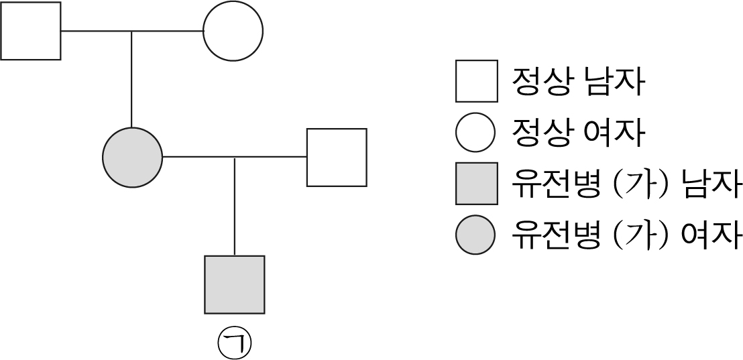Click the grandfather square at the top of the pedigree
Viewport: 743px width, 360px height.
[x=31, y=31]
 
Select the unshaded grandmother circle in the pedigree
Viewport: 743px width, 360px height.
[x=233, y=31]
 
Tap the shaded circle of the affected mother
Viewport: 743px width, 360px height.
[x=132, y=158]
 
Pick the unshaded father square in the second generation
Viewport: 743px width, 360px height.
[x=337, y=158]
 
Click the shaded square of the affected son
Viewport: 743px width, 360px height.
[x=235, y=285]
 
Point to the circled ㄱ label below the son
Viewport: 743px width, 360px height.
[x=234, y=343]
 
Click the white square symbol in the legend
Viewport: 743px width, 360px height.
[x=477, y=81]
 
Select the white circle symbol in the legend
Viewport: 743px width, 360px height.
[x=475, y=132]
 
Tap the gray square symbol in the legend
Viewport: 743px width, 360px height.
[x=477, y=183]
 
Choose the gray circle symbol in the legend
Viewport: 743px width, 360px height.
[x=475, y=235]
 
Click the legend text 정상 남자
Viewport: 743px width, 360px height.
[x=577, y=82]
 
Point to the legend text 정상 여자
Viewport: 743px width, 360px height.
[x=577, y=133]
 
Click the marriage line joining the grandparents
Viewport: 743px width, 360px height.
[x=132, y=32]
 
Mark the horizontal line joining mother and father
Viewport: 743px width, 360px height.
[x=235, y=157]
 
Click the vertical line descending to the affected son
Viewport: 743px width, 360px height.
[x=235, y=206]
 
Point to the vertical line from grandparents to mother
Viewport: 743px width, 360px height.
[x=131, y=80]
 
